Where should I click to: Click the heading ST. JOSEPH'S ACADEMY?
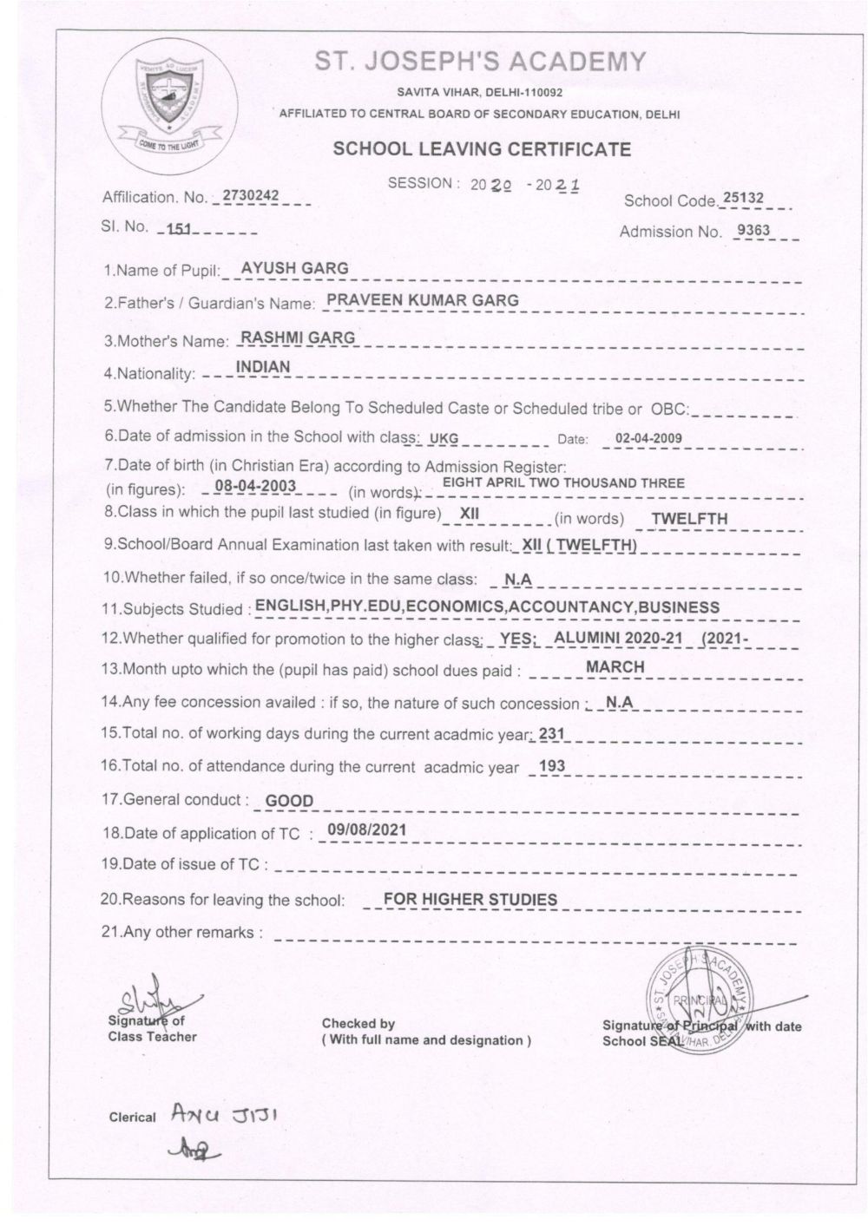(480, 62)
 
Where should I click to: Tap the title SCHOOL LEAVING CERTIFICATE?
(482, 148)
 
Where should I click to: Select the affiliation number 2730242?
(251, 196)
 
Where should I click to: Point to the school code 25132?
(744, 198)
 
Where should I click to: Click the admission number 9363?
(753, 230)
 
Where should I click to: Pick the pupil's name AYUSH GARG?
(294, 268)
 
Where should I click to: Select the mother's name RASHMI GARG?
(297, 338)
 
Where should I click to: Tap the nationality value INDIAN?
(263, 367)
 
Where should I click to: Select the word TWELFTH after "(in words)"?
(689, 519)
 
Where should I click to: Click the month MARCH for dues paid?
(615, 667)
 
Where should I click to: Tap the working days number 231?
(552, 734)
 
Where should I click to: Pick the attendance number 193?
(552, 766)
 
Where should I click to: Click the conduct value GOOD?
(289, 801)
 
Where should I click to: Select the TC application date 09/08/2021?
(367, 829)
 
